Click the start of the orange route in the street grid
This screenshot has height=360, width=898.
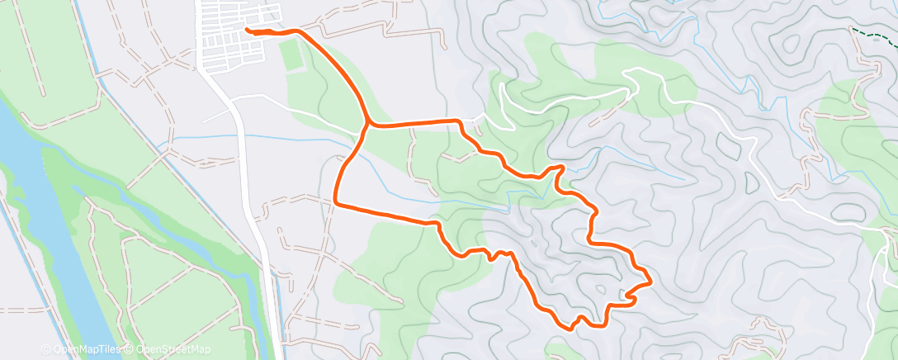point(247,31)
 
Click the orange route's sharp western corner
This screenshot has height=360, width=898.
point(335,201)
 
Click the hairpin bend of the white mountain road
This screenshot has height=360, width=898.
point(629,73)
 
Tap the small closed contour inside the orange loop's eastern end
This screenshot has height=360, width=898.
point(623,291)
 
